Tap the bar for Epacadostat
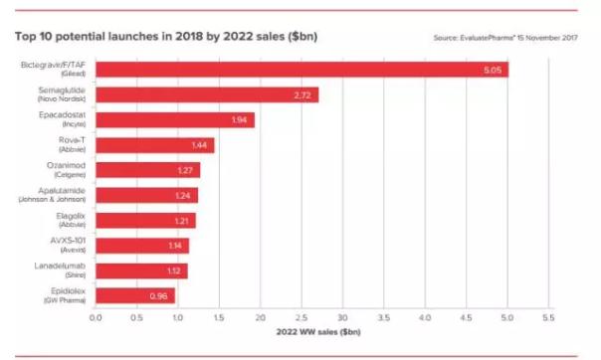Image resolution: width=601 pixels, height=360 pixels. click(x=174, y=119)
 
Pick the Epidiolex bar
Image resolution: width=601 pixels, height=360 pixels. click(x=134, y=295)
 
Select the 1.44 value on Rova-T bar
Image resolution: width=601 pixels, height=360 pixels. click(x=199, y=145)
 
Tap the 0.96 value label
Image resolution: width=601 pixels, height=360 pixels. click(x=160, y=295)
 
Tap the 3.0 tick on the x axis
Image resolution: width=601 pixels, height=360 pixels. click(x=342, y=318)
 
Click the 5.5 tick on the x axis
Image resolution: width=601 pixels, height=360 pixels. click(x=548, y=318)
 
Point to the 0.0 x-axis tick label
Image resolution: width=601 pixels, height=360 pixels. click(x=96, y=318)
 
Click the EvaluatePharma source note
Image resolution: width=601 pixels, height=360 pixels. click(x=505, y=38)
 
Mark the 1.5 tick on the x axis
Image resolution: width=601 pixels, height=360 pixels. click(x=219, y=318)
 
